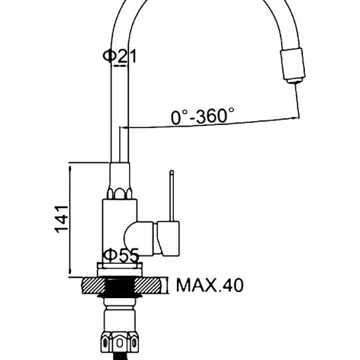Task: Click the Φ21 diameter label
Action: [x=119, y=56]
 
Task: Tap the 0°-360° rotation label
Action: [x=203, y=116]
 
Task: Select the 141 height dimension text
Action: [x=61, y=219]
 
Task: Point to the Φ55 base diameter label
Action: [x=121, y=255]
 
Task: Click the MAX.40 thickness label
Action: [x=209, y=285]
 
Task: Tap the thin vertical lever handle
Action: [x=171, y=196]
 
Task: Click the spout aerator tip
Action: [x=295, y=81]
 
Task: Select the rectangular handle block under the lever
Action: [x=168, y=239]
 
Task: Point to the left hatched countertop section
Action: [x=93, y=285]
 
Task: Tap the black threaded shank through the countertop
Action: [x=119, y=287]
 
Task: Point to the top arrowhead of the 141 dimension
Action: [x=70, y=170]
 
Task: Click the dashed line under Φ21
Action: [x=120, y=66]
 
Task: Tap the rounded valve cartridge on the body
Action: [x=138, y=239]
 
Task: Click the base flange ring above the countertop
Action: [x=120, y=270]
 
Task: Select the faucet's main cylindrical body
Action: [x=119, y=231]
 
